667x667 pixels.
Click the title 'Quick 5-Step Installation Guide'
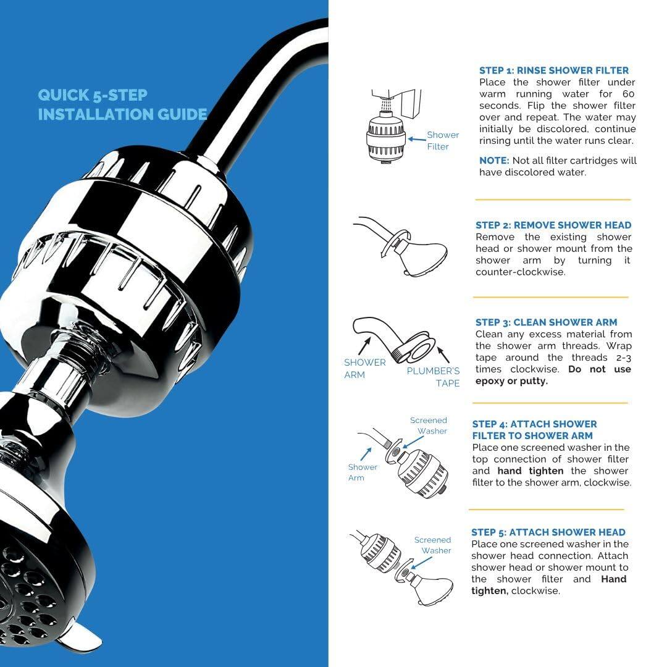(122, 104)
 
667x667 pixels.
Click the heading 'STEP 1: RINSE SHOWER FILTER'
(554, 70)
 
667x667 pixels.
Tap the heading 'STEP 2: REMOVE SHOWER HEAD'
(553, 225)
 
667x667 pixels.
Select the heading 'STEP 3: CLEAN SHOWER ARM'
(546, 322)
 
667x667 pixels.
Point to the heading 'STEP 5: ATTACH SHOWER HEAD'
(548, 532)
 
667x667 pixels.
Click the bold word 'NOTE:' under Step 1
(494, 161)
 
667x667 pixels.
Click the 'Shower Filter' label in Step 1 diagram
(443, 141)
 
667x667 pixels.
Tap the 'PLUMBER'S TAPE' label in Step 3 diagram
(433, 377)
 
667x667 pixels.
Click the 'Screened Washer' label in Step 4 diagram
(429, 426)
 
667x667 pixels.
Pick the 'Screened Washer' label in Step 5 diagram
(433, 545)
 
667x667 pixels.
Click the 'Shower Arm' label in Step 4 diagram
(362, 472)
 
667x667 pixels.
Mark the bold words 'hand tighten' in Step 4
(530, 471)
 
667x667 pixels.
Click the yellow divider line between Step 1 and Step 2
(553, 199)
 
